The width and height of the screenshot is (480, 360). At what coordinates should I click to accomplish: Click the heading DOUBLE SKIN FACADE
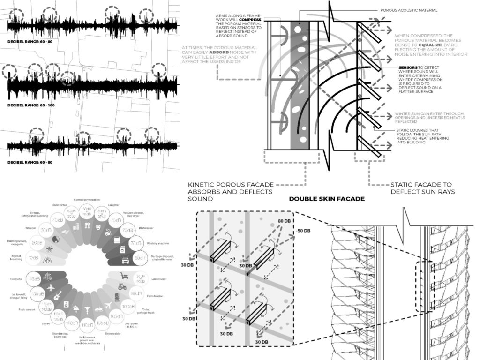click(326, 199)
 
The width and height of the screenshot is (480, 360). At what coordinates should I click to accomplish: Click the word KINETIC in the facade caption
click(202, 184)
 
